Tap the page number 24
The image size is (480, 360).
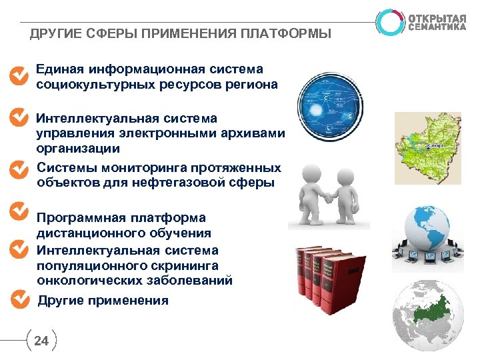point(41,341)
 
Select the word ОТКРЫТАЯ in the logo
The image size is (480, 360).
point(438,17)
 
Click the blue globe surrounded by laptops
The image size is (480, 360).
point(427,230)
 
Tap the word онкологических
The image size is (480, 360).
point(84,281)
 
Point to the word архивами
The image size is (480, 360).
point(255,133)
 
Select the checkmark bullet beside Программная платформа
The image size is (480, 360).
point(19,211)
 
